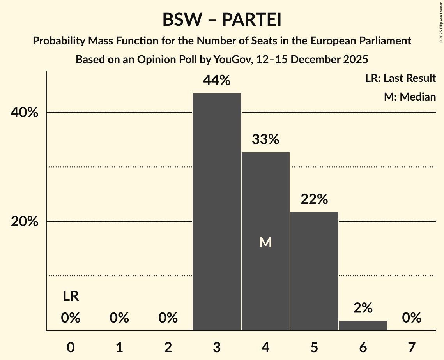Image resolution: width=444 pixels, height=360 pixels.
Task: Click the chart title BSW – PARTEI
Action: (x=222, y=20)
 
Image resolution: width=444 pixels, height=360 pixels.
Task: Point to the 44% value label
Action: (x=217, y=81)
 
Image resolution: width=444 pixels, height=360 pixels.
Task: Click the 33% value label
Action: (x=265, y=139)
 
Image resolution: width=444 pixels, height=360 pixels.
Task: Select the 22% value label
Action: (x=314, y=199)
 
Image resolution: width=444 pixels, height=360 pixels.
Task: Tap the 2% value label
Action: (x=363, y=308)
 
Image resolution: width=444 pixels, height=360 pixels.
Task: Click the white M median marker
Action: (x=265, y=243)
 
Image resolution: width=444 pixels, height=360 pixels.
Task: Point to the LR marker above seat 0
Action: (x=71, y=296)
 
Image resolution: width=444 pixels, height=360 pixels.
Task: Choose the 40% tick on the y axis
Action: (x=24, y=113)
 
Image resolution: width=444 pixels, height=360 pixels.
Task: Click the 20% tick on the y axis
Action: (x=24, y=221)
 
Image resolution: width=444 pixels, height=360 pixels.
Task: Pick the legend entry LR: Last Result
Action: (x=400, y=78)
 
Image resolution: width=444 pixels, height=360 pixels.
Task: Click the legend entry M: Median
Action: (x=410, y=97)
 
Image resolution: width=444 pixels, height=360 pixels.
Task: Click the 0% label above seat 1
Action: (x=119, y=318)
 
